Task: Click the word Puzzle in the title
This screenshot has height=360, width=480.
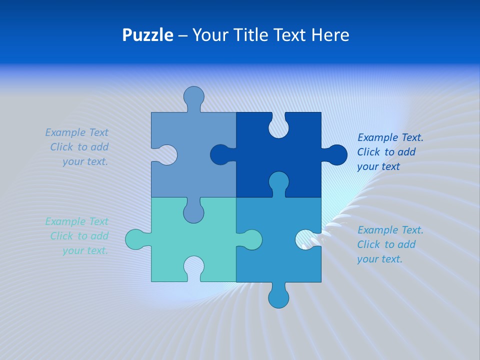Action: coord(147,35)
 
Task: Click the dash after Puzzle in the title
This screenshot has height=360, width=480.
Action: coord(182,35)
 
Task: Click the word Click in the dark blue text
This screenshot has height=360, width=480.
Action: coord(368,152)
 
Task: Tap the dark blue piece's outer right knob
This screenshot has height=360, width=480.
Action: coord(337,154)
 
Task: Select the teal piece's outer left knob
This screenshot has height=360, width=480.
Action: coord(135,239)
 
